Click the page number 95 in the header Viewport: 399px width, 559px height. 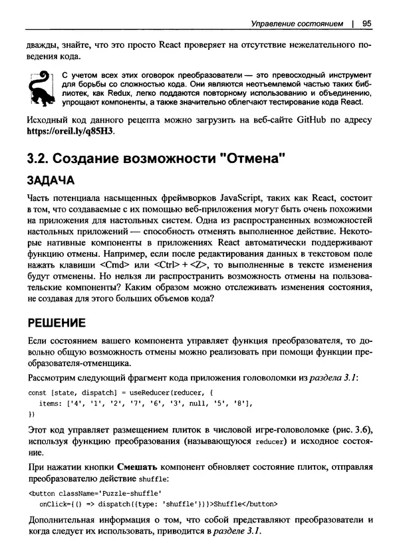click(x=366, y=24)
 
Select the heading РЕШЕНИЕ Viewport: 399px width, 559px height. click(x=56, y=324)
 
